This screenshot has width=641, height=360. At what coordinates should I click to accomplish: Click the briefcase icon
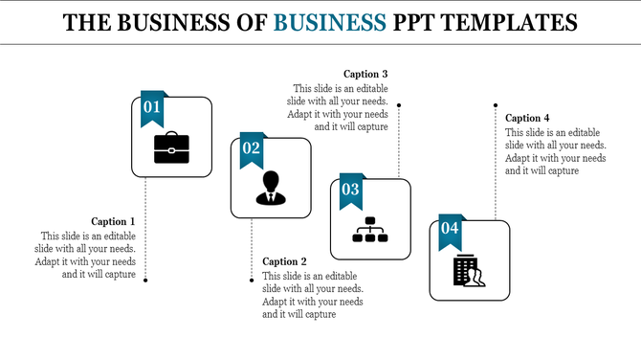(x=171, y=146)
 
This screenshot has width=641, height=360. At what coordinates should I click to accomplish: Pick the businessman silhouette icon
(x=271, y=188)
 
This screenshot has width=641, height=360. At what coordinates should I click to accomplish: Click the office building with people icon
(x=469, y=271)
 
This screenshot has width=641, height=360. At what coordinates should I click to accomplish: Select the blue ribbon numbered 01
(x=152, y=109)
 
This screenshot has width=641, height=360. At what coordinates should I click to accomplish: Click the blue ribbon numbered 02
(x=252, y=149)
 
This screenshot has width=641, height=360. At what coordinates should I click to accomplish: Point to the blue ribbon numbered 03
(x=351, y=191)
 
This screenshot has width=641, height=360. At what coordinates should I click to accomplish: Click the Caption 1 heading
(x=114, y=221)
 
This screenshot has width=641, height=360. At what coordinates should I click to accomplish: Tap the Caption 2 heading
(x=285, y=261)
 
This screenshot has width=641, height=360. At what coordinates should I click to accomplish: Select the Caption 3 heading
(x=365, y=74)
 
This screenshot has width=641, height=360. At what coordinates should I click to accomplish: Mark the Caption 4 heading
(x=528, y=118)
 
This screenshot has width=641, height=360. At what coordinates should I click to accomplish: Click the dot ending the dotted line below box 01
(x=146, y=280)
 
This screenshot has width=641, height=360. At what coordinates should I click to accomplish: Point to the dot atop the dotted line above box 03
(x=399, y=105)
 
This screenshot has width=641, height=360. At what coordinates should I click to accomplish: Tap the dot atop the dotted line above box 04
(x=495, y=105)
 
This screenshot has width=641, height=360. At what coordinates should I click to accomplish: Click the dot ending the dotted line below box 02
(x=252, y=280)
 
